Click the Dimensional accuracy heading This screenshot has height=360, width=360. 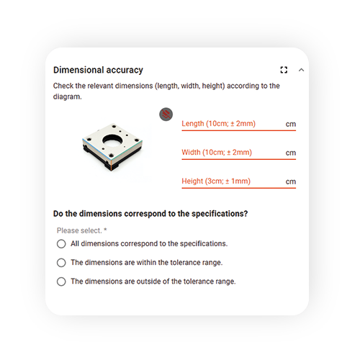tap(98, 70)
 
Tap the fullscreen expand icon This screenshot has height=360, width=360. tap(284, 70)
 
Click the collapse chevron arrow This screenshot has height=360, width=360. tap(301, 70)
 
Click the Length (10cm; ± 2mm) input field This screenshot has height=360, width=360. tap(239, 124)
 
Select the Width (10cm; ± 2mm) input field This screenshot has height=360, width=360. tap(239, 153)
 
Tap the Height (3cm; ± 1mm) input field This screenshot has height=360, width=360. tap(239, 181)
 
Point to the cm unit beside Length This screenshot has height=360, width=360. tap(291, 125)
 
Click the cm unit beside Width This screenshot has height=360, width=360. tap(291, 153)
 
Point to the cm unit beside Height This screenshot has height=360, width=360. tap(291, 182)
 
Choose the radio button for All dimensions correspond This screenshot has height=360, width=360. tap(61, 243)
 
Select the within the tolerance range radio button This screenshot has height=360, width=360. tap(61, 263)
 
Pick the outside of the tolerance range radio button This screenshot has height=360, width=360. tap(61, 282)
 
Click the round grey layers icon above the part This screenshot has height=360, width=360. tap(166, 114)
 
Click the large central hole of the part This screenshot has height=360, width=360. tap(112, 141)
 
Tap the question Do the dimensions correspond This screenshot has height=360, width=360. tap(150, 214)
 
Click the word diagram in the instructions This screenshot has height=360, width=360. tap(67, 96)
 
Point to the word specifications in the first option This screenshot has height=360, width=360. tap(204, 244)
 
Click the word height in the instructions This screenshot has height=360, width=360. tap(213, 86)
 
